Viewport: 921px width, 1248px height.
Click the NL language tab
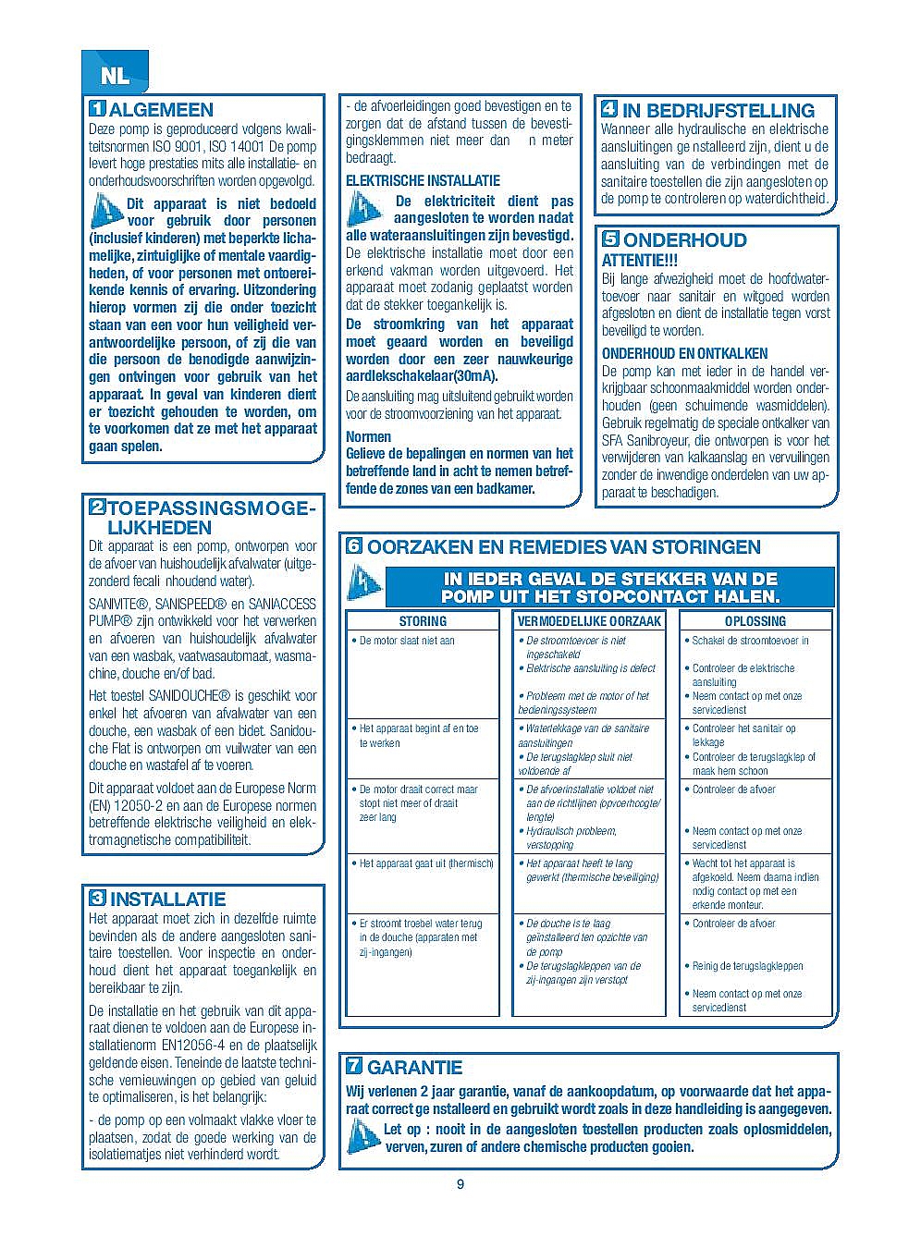[115, 76]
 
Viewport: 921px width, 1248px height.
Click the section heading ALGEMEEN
[161, 110]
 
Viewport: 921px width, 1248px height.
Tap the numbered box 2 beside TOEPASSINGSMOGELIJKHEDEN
[96, 508]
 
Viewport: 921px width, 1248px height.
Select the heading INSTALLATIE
[167, 899]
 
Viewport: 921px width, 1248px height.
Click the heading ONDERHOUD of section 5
[685, 240]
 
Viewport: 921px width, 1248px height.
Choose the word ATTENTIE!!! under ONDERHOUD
[640, 262]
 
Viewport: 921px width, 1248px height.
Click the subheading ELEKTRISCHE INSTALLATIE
[423, 181]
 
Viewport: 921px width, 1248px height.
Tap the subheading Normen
[368, 436]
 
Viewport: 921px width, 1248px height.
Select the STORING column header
[423, 621]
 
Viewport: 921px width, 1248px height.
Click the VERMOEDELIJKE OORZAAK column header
[589, 621]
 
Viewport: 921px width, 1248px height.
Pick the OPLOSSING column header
[755, 621]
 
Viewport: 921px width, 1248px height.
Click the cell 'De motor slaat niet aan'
[407, 641]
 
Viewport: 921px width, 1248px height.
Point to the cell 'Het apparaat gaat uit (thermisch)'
[426, 863]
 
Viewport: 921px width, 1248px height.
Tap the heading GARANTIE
[414, 1068]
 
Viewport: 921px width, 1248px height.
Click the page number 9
[460, 1185]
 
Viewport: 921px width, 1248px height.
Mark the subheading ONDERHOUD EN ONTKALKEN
[684, 353]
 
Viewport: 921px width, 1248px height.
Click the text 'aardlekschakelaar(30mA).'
[422, 375]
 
